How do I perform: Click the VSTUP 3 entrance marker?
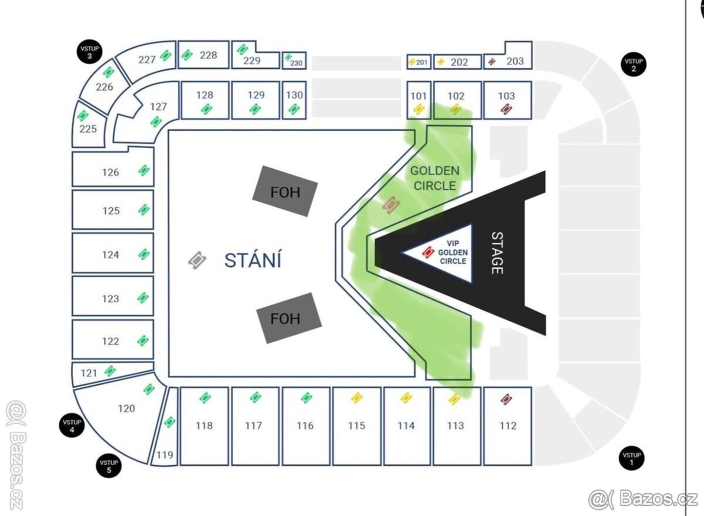(x=90, y=52)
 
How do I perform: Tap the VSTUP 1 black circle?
(x=632, y=458)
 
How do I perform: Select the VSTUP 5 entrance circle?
(x=109, y=466)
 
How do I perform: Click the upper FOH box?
(x=285, y=191)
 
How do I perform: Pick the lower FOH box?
(x=289, y=318)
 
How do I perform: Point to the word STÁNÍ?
(x=253, y=261)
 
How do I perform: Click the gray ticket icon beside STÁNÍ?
(x=197, y=261)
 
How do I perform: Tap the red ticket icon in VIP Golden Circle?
(x=428, y=252)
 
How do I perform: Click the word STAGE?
(x=497, y=253)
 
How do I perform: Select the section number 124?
(x=110, y=255)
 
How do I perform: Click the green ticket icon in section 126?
(x=144, y=171)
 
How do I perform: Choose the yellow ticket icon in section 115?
(x=357, y=398)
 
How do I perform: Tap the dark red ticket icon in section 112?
(x=506, y=399)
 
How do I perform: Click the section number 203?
(x=515, y=61)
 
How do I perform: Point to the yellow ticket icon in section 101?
(x=419, y=109)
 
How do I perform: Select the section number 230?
(x=296, y=63)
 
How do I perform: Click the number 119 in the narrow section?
(x=165, y=455)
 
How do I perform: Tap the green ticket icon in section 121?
(x=110, y=371)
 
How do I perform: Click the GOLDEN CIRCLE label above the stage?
(x=435, y=178)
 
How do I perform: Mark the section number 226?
(x=104, y=87)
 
